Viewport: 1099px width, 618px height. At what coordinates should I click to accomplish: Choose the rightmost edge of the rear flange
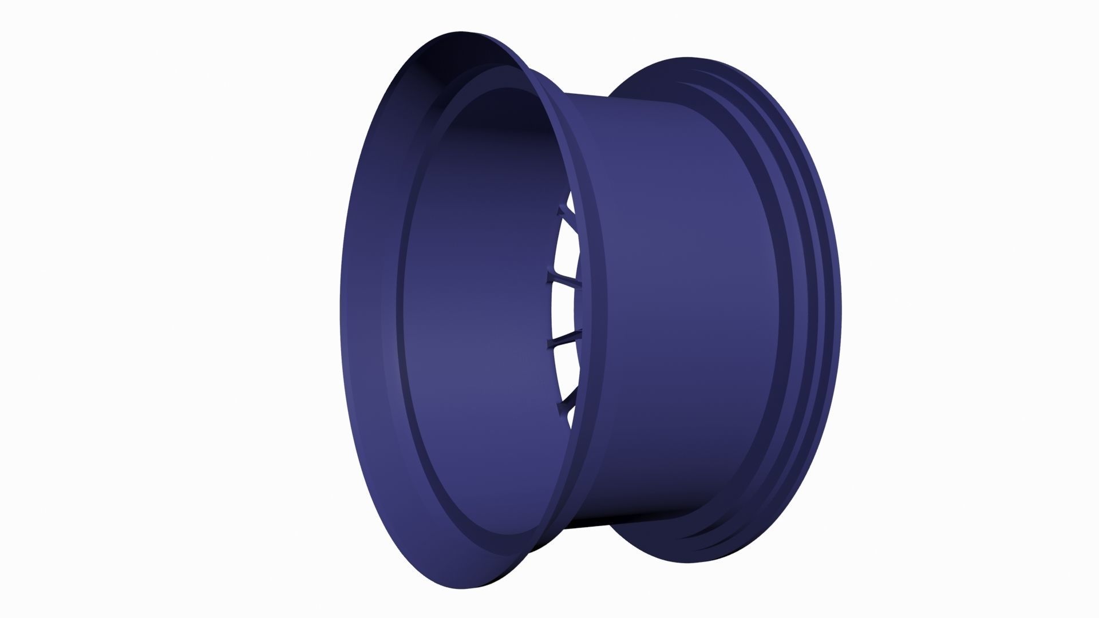coord(841,309)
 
